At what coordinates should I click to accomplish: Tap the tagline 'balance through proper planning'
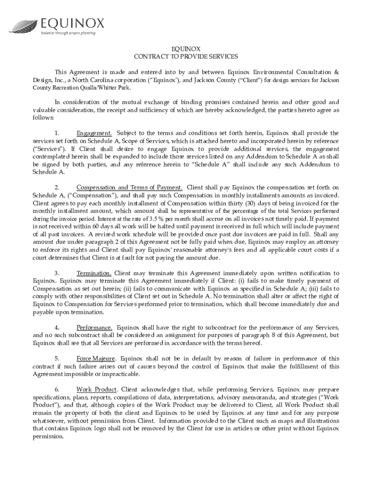coord(68,33)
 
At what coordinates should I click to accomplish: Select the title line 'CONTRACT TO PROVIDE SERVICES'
coord(186,57)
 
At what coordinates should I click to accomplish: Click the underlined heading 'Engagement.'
coord(95,133)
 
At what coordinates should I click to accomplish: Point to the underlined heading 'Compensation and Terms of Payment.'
coord(129,188)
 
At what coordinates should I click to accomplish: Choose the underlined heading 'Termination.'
coord(94,273)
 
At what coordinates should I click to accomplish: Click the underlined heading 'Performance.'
coord(95,327)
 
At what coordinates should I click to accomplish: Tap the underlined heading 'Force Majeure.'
coord(96,359)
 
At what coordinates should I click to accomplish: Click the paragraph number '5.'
coord(57,359)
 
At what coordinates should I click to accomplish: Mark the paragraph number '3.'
coord(57,273)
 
